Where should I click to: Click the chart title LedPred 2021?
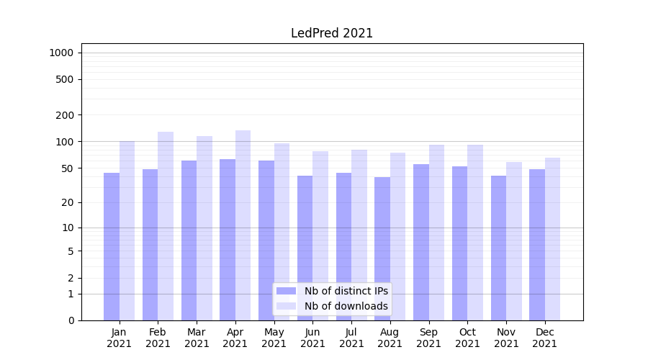(332, 33)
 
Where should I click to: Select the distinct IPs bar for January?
(112, 246)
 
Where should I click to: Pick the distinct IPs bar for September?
(421, 242)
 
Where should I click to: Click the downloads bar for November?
(514, 241)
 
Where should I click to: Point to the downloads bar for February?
(166, 226)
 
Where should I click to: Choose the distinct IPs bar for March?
(189, 240)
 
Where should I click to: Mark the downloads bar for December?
(553, 239)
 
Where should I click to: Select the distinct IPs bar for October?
(460, 243)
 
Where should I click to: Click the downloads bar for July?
(359, 235)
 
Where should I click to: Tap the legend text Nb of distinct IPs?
(346, 291)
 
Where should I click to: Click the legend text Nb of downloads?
(346, 306)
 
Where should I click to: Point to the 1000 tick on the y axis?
(61, 53)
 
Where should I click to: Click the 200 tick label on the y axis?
(65, 115)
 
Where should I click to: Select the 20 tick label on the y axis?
(68, 203)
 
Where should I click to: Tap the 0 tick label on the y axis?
(71, 320)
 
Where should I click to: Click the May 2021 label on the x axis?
(274, 338)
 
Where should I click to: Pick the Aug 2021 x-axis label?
(390, 338)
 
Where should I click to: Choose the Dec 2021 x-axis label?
(545, 338)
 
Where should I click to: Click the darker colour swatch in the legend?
(287, 291)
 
